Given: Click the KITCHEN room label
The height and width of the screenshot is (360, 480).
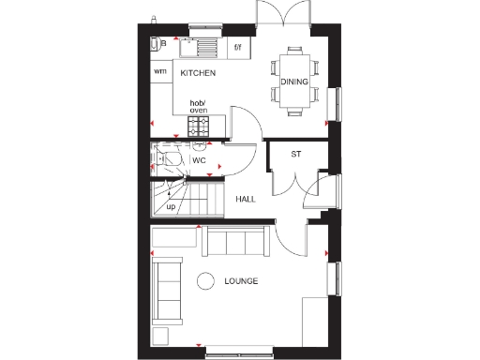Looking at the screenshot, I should tap(198, 72).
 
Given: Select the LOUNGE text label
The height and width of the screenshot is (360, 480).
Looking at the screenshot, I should tap(241, 281).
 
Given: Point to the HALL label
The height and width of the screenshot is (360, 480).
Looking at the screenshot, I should tap(246, 199).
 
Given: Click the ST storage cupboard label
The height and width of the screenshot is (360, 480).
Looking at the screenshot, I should tap(295, 154).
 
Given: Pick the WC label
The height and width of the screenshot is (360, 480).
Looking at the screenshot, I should tap(199, 160).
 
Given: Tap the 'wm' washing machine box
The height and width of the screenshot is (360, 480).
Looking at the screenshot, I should tap(160, 72).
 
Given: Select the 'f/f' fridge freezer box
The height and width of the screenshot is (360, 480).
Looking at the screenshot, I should tap(237, 46).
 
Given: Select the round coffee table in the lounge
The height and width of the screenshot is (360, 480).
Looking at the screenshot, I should tap(205, 279).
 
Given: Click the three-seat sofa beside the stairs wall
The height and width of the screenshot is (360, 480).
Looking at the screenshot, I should tap(233, 242).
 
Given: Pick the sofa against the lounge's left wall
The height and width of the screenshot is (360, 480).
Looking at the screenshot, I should tap(169, 290).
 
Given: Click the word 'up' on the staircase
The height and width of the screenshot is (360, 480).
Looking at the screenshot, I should tap(171, 206).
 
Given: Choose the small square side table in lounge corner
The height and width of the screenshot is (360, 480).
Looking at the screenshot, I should tap(160, 335).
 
